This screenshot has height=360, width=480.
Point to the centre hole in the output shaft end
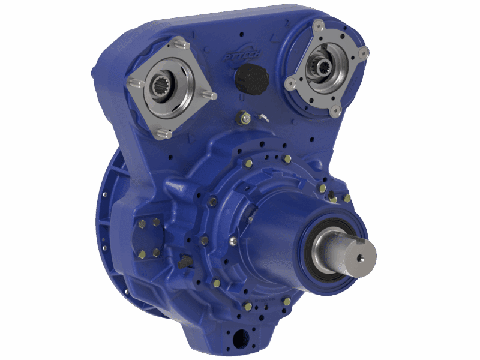360,258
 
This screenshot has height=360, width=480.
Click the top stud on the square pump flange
181,44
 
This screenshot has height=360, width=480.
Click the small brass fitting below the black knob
244,117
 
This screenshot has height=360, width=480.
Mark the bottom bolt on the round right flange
335,110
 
